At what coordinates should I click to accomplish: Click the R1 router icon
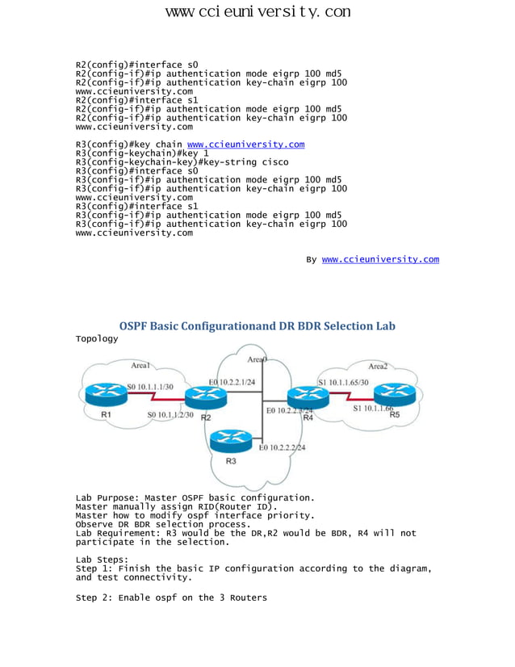point(104,393)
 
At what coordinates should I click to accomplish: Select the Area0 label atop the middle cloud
point(258,359)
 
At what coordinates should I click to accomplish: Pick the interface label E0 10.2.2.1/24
point(234,381)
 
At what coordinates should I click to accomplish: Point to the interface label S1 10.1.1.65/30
point(343,381)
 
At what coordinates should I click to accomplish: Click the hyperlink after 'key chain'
point(245,144)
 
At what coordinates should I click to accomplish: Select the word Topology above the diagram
point(97,338)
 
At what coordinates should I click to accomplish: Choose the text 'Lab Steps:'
point(102,559)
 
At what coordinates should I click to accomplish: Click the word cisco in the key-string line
point(273,162)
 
